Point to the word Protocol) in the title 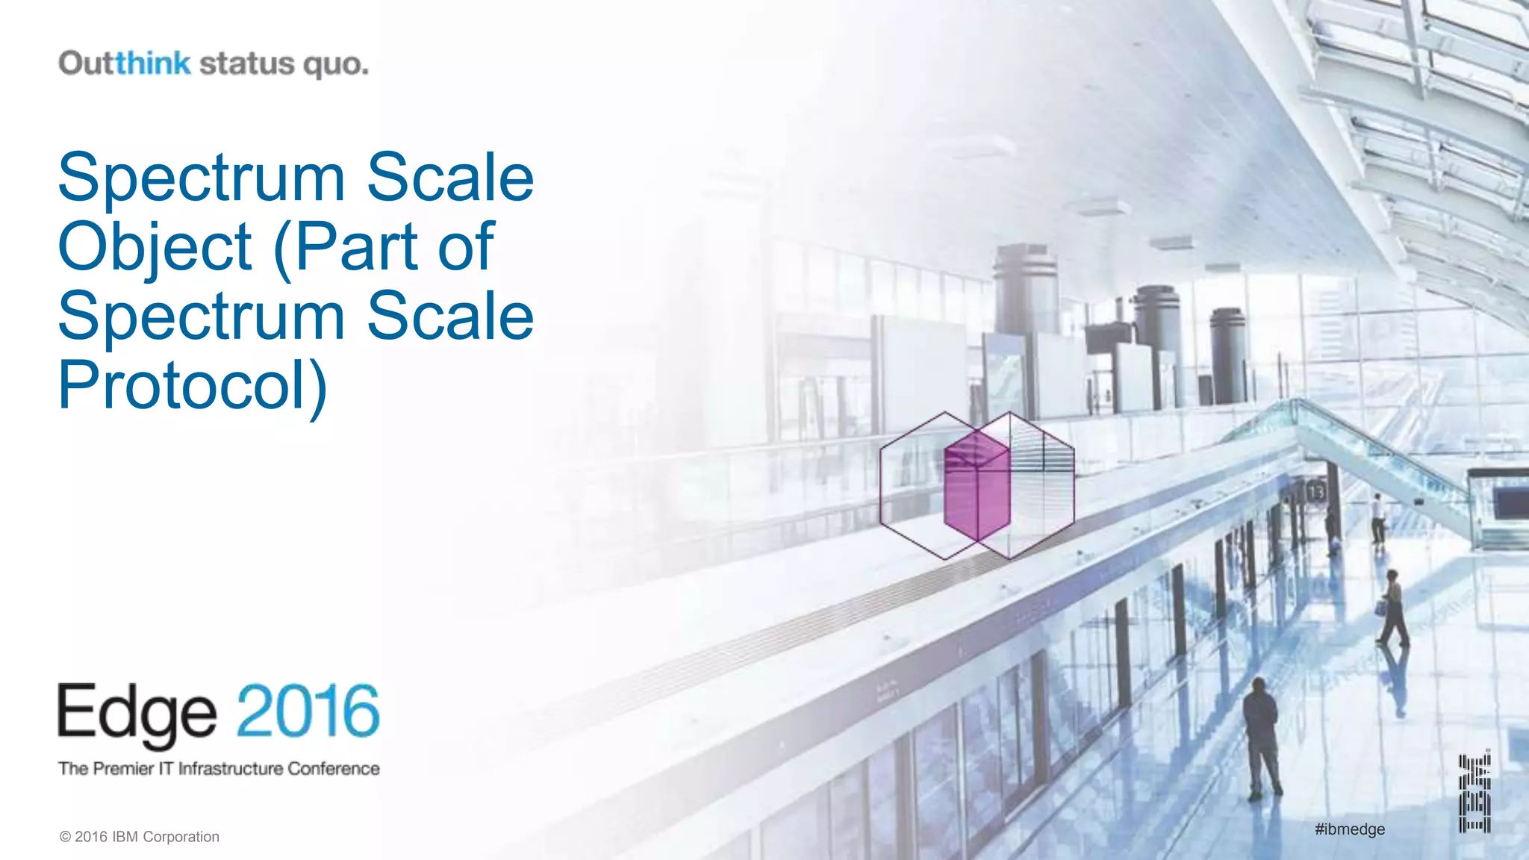coord(193,386)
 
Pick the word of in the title coord(466,246)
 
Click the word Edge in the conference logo coord(137,714)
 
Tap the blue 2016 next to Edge coord(308,711)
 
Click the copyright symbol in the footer coord(65,837)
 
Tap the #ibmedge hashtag coord(1350,829)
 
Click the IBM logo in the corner coord(1474,794)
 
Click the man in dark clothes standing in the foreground coord(1261,736)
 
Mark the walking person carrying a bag coord(1392,608)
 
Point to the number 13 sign coord(1315,492)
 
